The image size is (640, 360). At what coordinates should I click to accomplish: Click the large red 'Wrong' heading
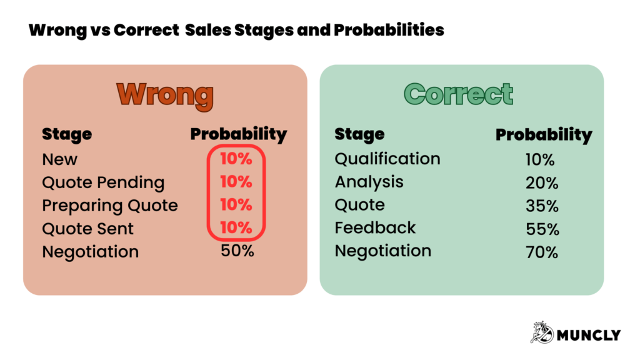(165, 94)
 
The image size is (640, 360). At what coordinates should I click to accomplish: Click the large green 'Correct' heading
(459, 94)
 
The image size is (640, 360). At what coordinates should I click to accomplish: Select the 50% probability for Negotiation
(237, 251)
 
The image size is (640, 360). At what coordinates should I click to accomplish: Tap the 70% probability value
(542, 252)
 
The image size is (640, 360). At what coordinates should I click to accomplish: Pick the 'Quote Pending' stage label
(103, 182)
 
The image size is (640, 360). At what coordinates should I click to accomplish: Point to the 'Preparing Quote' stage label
(110, 206)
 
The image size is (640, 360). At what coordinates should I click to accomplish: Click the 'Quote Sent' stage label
(87, 229)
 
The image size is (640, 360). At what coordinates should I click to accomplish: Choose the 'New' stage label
(60, 159)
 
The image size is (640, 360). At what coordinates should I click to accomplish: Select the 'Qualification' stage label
(387, 159)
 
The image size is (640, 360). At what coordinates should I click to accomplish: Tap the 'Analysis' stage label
(369, 182)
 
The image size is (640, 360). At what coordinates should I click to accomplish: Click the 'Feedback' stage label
(376, 228)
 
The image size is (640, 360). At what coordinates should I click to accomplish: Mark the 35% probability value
(542, 206)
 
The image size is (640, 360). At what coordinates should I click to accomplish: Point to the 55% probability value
(542, 229)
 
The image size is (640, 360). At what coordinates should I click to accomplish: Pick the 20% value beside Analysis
(542, 182)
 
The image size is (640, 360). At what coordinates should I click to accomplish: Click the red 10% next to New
(236, 159)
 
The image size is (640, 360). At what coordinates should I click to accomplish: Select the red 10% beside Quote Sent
(236, 227)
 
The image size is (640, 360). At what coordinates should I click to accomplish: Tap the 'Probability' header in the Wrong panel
(238, 134)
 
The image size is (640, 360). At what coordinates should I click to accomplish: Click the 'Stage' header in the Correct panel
(359, 134)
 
